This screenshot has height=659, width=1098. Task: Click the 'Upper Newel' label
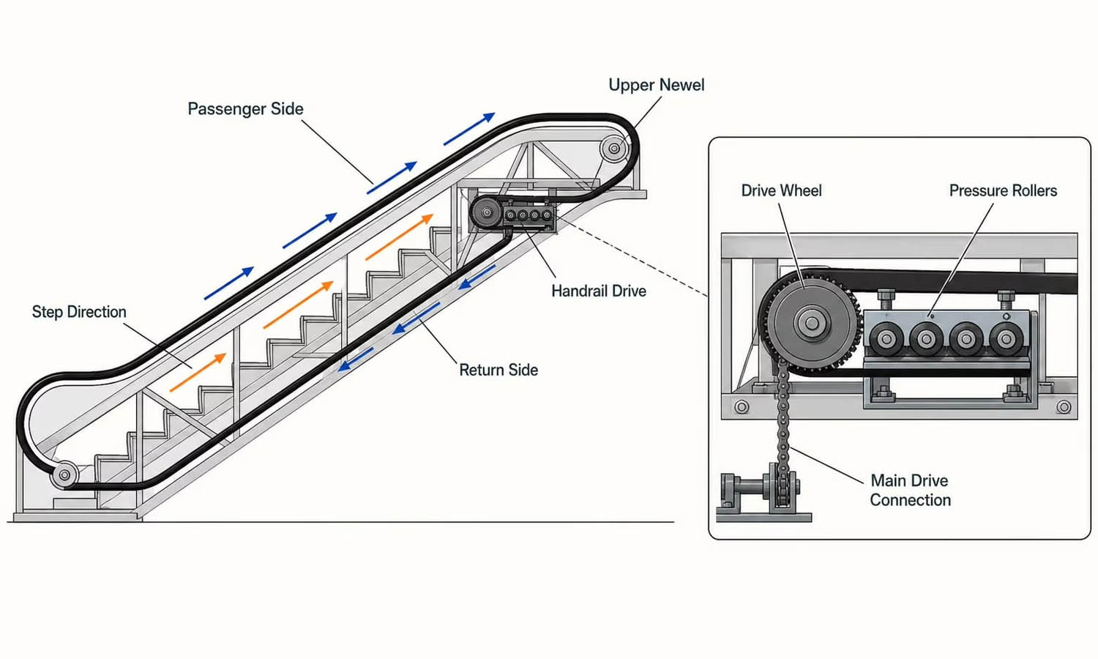657,85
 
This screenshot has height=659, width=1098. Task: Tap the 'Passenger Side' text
245,108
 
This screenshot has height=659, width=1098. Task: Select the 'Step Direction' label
79,312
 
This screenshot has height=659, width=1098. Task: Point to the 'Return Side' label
498,370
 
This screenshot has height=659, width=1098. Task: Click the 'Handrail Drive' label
599,291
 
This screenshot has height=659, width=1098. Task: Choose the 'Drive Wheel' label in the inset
781,190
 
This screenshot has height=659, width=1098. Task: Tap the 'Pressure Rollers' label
1003,190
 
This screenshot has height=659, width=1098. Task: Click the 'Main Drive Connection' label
911,490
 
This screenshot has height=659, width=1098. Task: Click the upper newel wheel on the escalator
613,148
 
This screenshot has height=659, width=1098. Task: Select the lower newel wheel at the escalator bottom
64,474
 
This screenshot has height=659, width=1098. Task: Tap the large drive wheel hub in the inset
811,323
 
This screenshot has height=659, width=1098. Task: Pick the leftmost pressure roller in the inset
886,339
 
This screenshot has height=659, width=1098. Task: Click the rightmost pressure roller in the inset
1006,339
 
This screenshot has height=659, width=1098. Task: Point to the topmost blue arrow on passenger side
470,129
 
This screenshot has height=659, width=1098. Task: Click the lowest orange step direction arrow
198,372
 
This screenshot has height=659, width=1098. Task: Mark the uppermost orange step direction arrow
400,237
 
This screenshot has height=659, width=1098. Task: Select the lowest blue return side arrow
356,360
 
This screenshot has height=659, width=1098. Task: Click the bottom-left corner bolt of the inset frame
742,406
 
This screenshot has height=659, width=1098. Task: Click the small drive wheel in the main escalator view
486,213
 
